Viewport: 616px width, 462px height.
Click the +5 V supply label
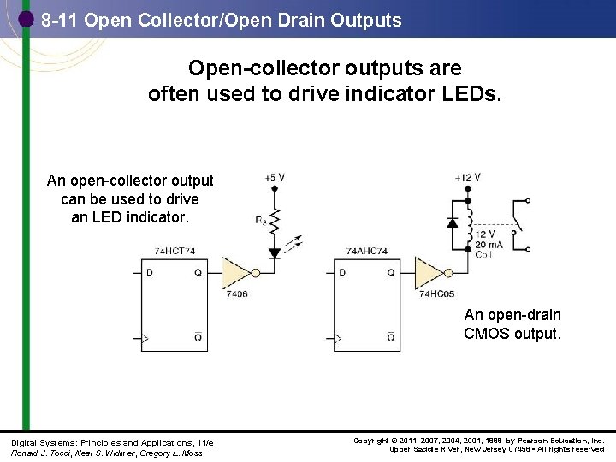(275, 177)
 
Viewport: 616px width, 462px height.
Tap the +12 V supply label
(468, 177)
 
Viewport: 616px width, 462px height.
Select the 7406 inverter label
(237, 293)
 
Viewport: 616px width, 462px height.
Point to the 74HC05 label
(435, 293)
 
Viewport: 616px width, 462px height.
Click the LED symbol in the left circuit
(275, 252)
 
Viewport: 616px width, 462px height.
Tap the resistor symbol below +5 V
(275, 221)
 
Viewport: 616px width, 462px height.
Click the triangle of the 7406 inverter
(234, 272)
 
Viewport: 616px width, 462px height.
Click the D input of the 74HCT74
(151, 273)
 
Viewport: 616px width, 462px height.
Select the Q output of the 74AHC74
(391, 273)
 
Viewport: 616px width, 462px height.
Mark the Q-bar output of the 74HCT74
(198, 337)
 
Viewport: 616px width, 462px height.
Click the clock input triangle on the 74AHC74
(338, 339)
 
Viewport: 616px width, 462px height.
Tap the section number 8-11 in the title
(60, 20)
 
